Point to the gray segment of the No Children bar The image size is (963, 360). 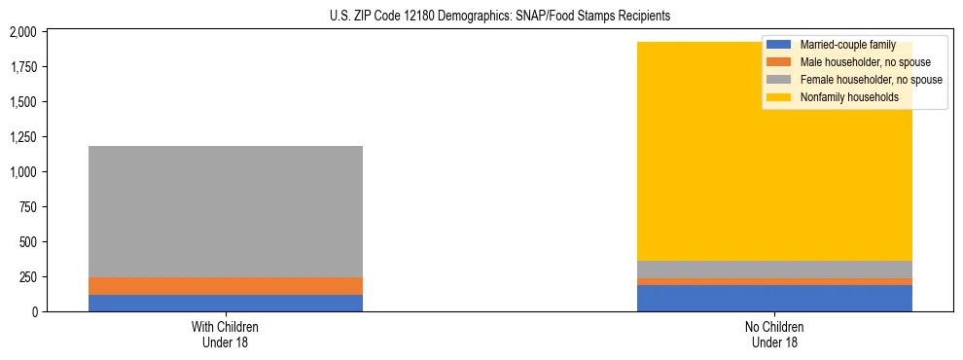click(774, 270)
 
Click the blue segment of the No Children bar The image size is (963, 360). click(774, 298)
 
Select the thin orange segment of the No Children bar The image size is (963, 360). click(774, 281)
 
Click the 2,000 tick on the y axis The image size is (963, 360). click(22, 32)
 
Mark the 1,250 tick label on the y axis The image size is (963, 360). click(22, 137)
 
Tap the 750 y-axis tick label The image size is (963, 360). click(27, 207)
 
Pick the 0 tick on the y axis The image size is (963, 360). click(34, 312)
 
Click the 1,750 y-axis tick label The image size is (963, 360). click(22, 67)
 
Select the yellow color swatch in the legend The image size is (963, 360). click(779, 97)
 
